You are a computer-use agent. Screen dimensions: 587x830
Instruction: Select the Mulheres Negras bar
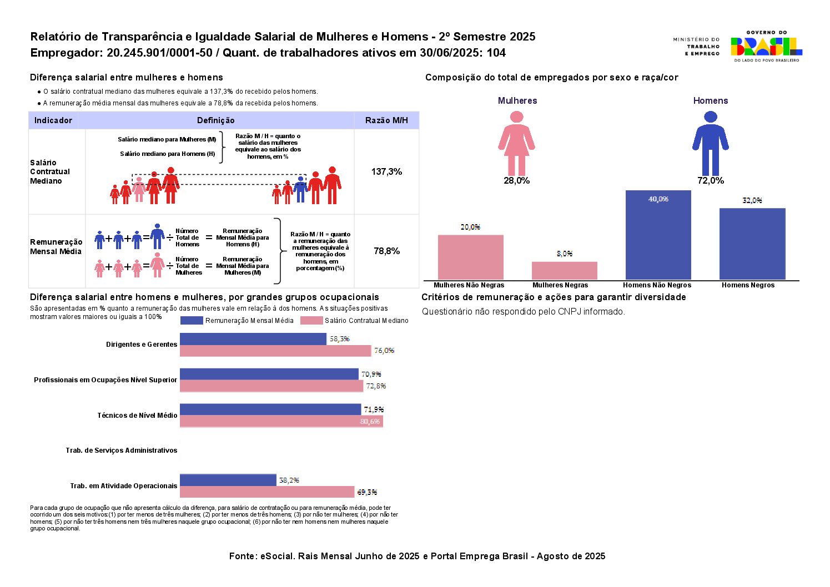564,270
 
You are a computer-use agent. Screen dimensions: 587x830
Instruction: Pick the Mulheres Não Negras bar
470,257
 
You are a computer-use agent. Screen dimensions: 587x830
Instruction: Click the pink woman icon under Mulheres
516,143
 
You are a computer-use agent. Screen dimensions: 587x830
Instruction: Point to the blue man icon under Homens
710,143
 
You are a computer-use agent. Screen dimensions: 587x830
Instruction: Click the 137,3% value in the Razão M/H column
386,172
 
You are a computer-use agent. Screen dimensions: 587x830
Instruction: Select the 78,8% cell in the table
386,251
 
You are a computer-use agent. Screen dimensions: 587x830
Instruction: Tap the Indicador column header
53,120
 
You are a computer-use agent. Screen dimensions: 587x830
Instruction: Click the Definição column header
215,120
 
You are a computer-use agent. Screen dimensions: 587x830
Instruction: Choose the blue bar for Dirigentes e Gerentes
253,338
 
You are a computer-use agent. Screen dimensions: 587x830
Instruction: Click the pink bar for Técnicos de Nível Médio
281,421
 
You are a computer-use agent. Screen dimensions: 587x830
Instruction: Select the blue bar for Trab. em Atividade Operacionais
228,480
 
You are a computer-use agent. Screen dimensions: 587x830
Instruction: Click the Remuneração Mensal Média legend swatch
192,320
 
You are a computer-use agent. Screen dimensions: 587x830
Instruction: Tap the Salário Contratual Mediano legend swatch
311,320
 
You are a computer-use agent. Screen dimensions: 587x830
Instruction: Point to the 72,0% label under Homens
711,181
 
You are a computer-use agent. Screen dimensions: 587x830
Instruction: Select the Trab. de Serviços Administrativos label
122,451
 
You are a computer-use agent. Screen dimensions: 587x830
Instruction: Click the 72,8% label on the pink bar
376,386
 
